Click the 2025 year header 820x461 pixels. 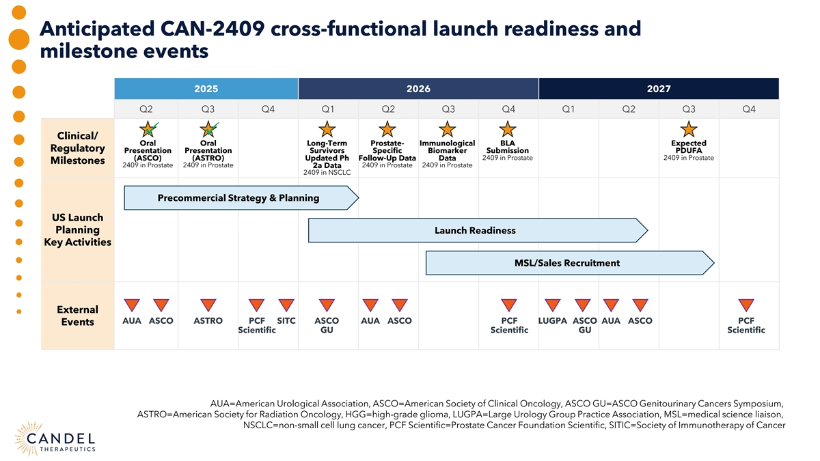click(x=206, y=89)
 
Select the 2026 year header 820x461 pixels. click(x=418, y=89)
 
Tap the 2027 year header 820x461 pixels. click(x=659, y=89)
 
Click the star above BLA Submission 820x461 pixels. click(x=507, y=129)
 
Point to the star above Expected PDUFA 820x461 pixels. click(x=689, y=129)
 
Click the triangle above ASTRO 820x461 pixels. click(x=208, y=305)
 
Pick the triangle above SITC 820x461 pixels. click(x=286, y=305)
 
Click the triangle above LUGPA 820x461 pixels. click(x=552, y=305)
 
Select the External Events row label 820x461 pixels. click(x=77, y=316)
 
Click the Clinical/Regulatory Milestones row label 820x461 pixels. click(x=77, y=148)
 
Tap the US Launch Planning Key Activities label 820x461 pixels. click(x=77, y=229)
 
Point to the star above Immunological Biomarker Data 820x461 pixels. click(x=447, y=129)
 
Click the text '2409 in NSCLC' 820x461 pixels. click(x=327, y=172)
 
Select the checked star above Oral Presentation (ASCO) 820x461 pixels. click(x=148, y=129)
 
